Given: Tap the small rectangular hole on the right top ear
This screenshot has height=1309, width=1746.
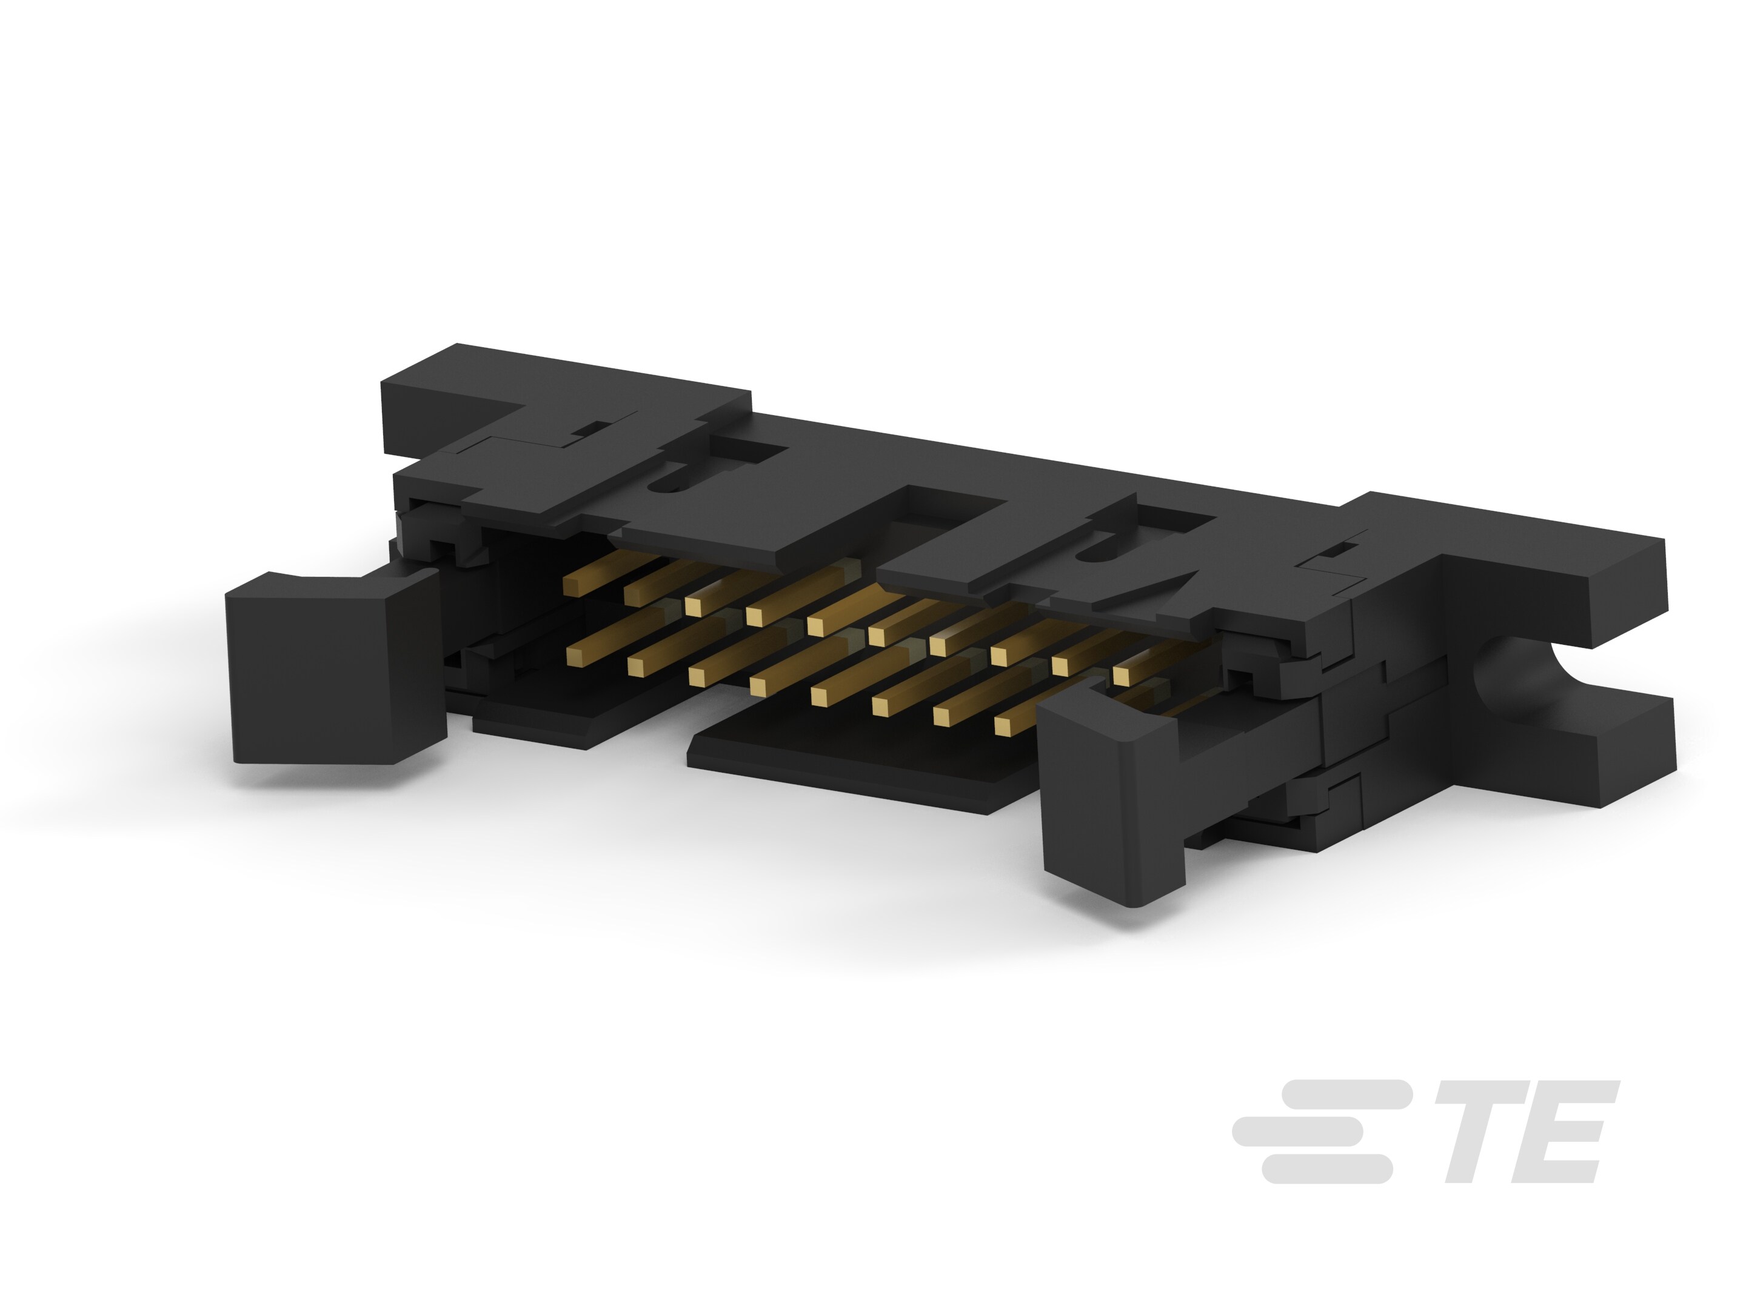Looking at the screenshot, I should point(1334,549).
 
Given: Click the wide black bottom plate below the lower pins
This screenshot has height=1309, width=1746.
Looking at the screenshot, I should point(852,761).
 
